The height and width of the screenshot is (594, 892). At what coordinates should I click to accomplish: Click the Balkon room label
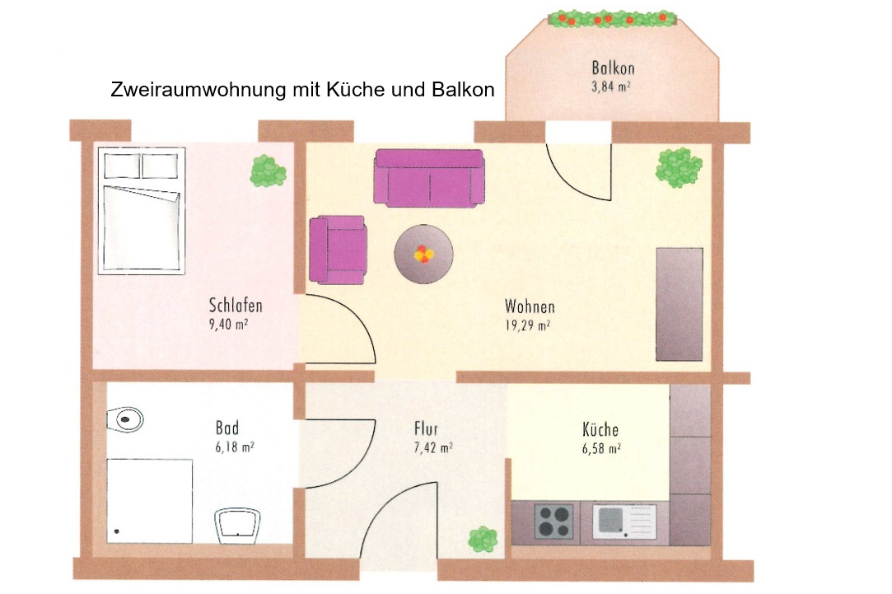point(613,68)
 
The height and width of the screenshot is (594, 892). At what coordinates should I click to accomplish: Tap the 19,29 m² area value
point(527,325)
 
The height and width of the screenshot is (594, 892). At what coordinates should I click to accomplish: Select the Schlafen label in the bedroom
point(236,306)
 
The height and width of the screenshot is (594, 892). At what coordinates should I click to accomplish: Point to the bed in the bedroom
point(142,211)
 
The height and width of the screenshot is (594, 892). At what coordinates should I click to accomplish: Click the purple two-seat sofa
point(429,177)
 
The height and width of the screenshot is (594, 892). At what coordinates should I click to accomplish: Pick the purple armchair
point(338,250)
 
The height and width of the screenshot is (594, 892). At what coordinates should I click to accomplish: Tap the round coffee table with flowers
point(424,254)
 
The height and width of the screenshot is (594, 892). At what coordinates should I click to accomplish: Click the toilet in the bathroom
point(125,420)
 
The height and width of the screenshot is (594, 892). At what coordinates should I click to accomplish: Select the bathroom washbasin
point(237,525)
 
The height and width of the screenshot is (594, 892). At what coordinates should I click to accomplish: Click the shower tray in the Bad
point(150,501)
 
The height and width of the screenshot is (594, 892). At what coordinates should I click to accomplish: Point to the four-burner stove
point(553,522)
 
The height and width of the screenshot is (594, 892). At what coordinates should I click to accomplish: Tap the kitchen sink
point(624,522)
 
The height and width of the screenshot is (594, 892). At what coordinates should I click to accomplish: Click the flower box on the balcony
point(612,19)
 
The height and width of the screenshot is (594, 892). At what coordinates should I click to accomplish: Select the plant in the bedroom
point(268,171)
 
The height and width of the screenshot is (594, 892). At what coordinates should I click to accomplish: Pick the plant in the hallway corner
point(483,539)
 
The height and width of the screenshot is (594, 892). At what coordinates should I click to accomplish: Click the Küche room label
point(600,429)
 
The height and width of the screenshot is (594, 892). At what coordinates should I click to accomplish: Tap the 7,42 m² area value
point(433,448)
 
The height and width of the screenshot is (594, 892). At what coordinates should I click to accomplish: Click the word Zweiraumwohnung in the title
point(198,90)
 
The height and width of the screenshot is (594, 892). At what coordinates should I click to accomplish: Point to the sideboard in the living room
point(680,304)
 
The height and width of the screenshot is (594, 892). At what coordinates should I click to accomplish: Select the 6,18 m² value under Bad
point(235,447)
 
